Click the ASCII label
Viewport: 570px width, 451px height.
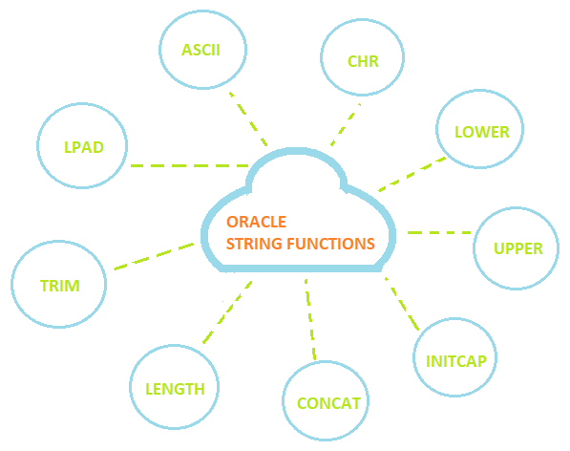pos(201,49)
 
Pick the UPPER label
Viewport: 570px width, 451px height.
pos(518,248)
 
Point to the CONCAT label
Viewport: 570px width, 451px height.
pos(329,402)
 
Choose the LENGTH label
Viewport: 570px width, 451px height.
pos(175,389)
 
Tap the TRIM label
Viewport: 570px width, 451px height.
pos(59,286)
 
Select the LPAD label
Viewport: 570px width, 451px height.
pos(82,147)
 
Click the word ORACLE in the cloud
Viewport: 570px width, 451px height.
pos(256,222)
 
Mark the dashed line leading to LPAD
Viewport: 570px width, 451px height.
pos(188,165)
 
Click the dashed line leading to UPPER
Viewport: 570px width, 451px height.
pos(438,232)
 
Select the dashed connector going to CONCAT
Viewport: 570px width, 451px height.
pos(309,320)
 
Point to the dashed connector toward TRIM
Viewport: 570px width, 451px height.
pos(154,256)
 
